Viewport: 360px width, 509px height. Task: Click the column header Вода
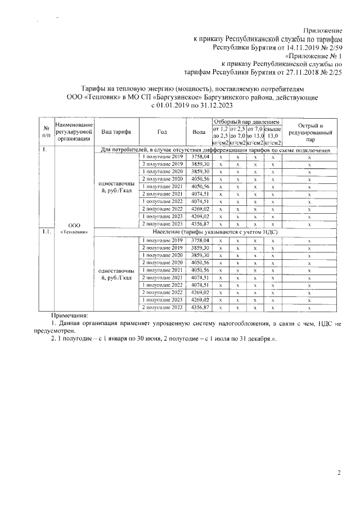pos(199,132)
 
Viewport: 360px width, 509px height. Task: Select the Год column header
pos(162,132)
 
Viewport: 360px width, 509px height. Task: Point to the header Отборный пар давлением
pos(245,121)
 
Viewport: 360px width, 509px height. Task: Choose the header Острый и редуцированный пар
pos(310,132)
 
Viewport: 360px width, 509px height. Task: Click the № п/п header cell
pos(44,132)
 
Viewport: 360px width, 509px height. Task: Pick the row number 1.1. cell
pos(45,232)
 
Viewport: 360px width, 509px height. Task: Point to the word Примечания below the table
pos(70,317)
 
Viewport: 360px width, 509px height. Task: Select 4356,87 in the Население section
pos(200,308)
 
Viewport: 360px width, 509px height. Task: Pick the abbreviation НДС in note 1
pos(328,325)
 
